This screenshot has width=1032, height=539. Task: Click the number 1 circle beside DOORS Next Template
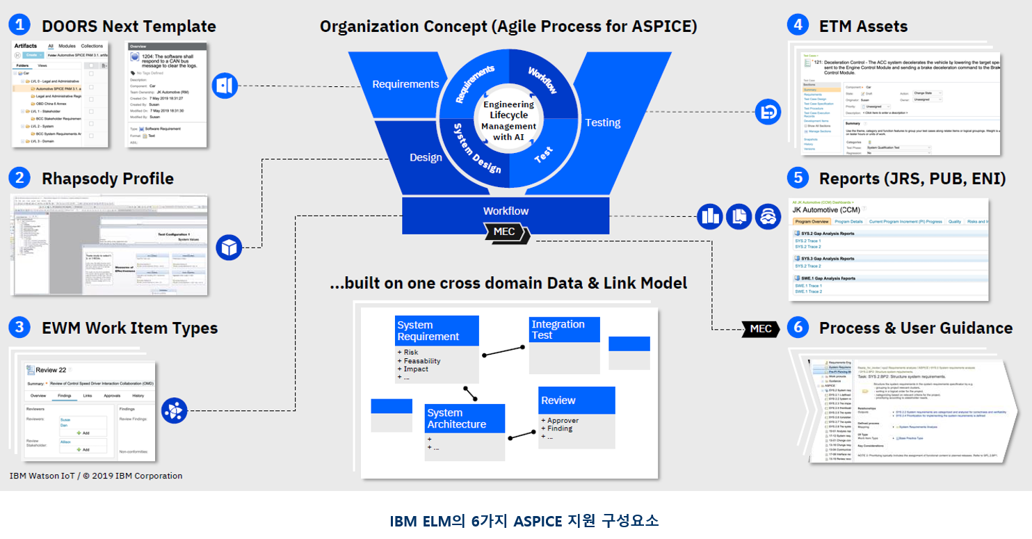[x=19, y=26]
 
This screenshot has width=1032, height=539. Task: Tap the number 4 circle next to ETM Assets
[x=798, y=26]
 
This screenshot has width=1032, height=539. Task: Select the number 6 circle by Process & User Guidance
[x=798, y=328]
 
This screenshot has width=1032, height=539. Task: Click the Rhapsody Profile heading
[x=107, y=178]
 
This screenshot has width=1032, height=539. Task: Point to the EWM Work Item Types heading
[x=129, y=328]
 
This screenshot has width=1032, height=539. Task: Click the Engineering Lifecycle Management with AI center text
[x=508, y=120]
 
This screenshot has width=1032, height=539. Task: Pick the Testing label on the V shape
[x=602, y=122]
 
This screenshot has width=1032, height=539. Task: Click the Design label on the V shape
[x=426, y=157]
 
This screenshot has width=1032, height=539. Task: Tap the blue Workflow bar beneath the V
[x=506, y=211]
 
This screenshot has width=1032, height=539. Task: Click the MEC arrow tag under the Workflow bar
[x=506, y=232]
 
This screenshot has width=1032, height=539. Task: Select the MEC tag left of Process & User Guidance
[x=760, y=328]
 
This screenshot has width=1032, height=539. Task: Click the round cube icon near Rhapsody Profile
[x=229, y=247]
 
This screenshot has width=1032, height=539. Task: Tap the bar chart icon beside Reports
[x=711, y=216]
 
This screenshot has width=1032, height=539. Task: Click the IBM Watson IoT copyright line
[x=96, y=476]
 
